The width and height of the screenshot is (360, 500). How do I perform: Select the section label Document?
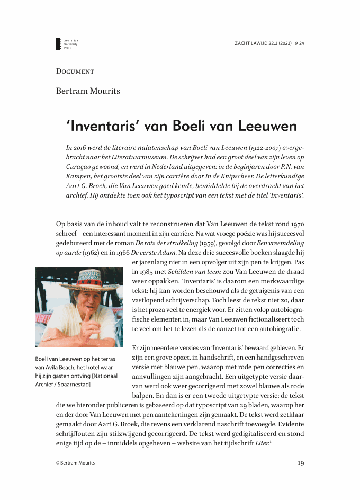75,70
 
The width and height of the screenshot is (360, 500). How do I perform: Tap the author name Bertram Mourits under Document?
88,91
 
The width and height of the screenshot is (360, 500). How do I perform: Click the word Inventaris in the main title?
101,127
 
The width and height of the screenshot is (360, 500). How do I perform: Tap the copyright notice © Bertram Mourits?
76,463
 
